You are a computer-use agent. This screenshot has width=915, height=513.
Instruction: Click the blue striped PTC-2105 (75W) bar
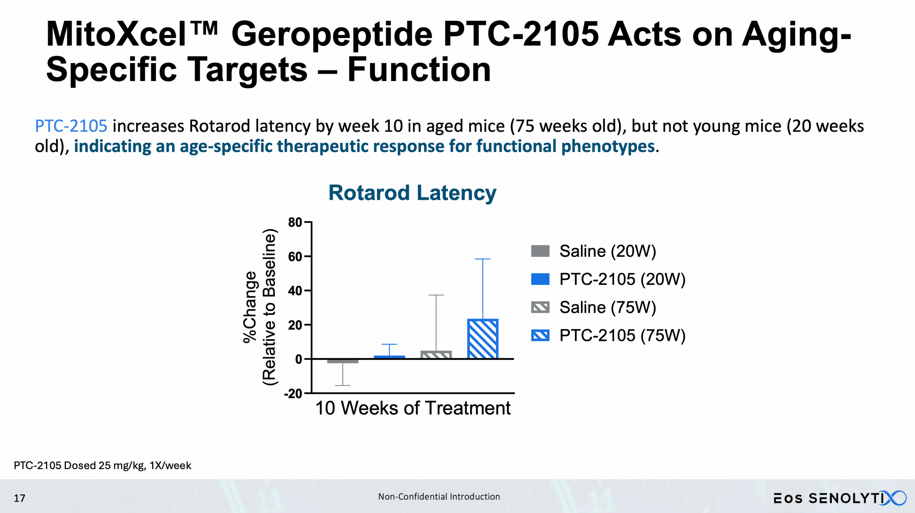[x=483, y=339]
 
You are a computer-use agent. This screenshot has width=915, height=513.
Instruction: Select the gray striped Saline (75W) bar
[x=436, y=355]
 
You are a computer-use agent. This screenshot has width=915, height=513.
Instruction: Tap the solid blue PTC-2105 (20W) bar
[x=389, y=357]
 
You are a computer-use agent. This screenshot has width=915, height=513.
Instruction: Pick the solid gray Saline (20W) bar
[x=342, y=361]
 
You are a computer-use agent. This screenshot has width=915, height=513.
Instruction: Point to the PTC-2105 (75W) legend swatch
[x=540, y=335]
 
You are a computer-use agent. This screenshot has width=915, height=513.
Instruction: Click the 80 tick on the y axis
[x=295, y=222]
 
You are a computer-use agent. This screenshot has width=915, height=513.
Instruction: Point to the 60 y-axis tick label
[x=295, y=257]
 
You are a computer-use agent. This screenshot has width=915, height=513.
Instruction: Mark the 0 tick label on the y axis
[x=299, y=359]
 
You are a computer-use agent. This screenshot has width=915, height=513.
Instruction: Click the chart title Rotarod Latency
[x=412, y=193]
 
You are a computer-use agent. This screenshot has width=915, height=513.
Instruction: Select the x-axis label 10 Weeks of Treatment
[x=413, y=408]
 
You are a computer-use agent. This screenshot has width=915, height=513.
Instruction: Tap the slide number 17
[x=19, y=498]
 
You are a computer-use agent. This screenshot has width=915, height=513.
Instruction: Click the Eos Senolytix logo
[x=840, y=498]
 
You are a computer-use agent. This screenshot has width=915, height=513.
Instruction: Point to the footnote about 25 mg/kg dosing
[x=102, y=465]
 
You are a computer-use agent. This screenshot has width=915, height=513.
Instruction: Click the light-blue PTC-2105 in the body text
[x=71, y=126]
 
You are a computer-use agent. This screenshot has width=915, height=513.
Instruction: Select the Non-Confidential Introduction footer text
[x=439, y=497]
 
